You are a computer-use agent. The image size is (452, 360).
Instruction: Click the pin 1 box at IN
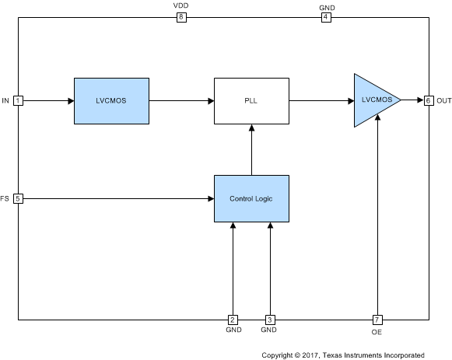18,100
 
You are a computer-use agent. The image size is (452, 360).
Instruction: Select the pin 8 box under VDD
181,17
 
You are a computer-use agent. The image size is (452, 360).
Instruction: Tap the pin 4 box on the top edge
327,17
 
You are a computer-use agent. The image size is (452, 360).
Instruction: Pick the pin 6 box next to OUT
429,100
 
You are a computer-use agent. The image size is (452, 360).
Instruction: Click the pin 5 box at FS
18,198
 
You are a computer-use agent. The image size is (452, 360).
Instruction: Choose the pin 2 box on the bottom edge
233,320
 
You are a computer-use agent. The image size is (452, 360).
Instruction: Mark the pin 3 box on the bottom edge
270,320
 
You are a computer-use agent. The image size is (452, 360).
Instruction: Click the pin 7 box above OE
377,320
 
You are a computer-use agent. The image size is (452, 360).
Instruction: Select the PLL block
251,100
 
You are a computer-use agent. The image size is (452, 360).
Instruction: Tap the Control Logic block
251,198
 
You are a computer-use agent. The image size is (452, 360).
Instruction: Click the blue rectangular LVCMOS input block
111,100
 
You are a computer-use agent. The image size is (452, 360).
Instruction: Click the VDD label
181,5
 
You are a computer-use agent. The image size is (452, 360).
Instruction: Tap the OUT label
443,100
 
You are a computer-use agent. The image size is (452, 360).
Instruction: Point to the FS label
6,198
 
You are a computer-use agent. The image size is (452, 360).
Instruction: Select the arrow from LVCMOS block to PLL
181,100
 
